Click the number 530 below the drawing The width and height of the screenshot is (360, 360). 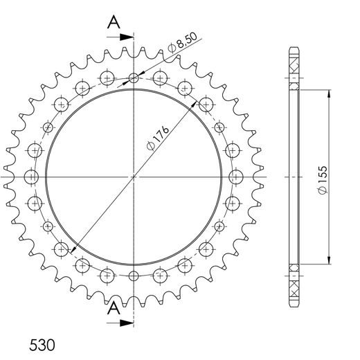42,343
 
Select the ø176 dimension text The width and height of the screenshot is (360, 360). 156,143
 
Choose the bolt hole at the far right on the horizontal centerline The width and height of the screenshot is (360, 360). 236,177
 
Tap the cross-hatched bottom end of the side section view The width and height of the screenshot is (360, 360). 294,284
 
